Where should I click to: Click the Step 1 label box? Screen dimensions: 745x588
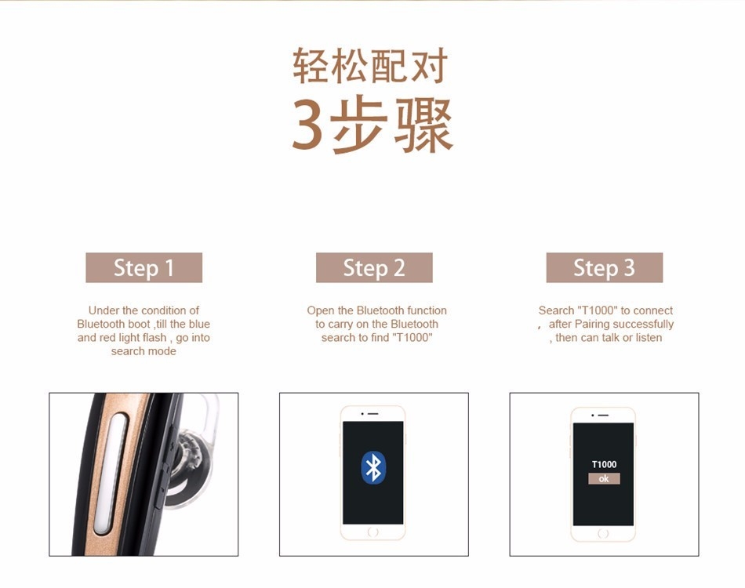[x=144, y=267]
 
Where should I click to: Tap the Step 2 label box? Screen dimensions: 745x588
[x=374, y=267]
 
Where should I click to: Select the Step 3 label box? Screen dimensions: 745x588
[x=605, y=267]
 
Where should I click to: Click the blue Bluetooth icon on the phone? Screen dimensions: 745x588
[x=373, y=467]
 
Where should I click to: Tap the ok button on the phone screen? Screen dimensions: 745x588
[x=604, y=479]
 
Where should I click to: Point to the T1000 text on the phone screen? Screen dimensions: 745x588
[x=604, y=464]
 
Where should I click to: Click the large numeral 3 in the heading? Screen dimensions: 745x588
[x=307, y=125]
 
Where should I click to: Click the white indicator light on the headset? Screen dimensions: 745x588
[x=111, y=474]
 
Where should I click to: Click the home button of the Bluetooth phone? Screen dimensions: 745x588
[x=373, y=532]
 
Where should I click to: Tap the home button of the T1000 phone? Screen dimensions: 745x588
[x=603, y=533]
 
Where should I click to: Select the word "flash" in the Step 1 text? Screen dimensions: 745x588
[x=154, y=338]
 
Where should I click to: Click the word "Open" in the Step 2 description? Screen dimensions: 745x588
[x=321, y=310]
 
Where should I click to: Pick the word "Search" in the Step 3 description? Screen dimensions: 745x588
[x=556, y=310]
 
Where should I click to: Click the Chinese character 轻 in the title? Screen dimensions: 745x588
[x=311, y=66]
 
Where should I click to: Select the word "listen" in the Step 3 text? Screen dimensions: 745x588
[x=649, y=338]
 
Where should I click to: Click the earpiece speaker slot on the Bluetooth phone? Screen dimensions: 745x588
[x=373, y=414]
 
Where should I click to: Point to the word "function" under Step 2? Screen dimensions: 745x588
[x=427, y=310]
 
